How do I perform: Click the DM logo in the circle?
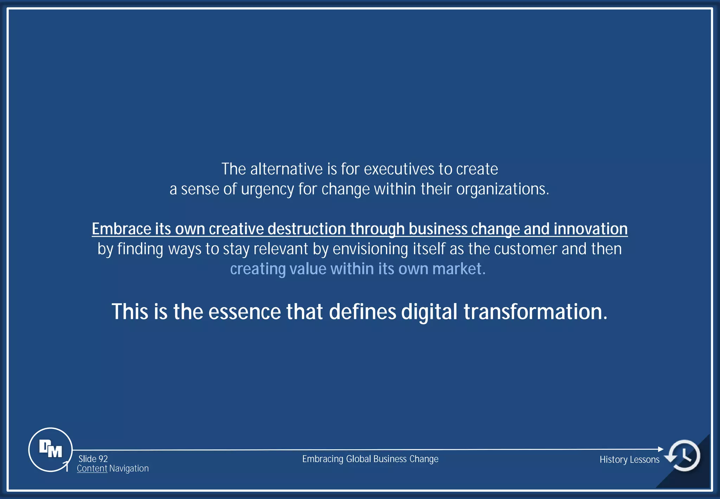(50, 449)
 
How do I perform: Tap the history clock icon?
(684, 455)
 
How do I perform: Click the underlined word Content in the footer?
(92, 468)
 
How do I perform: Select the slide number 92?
(103, 459)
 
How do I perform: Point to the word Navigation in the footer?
(129, 468)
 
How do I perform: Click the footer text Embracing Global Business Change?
(370, 459)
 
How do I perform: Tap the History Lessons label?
(629, 460)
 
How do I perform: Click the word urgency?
(267, 189)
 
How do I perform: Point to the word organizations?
(502, 189)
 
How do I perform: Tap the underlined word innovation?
(591, 229)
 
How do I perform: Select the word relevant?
(281, 249)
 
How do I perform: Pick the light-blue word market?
(458, 269)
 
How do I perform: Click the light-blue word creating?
(258, 269)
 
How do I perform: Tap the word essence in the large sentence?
(244, 312)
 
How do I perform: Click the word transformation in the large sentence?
(535, 312)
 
